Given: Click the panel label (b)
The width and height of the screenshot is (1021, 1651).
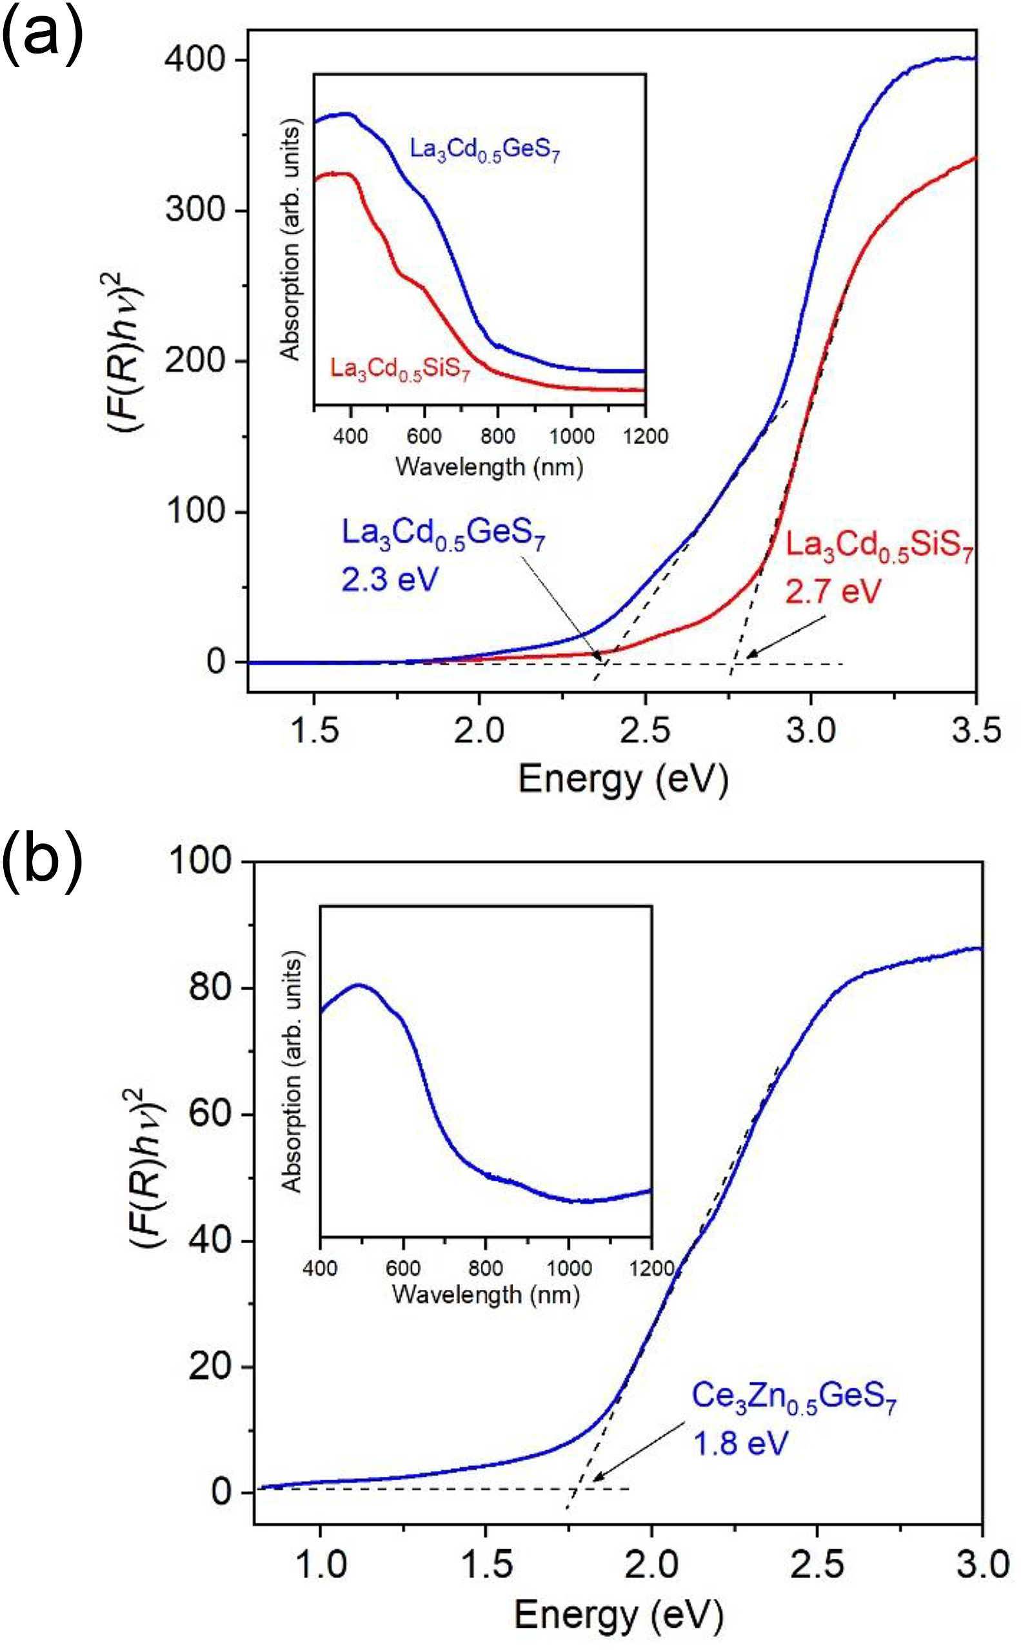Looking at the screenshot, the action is [x=42, y=861].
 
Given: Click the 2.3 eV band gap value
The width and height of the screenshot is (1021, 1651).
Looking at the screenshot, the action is [x=390, y=578].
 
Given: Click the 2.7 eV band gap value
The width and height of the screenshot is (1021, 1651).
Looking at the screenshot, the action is [x=833, y=591].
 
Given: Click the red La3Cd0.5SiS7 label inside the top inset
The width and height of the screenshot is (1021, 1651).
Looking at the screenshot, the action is [x=400, y=370].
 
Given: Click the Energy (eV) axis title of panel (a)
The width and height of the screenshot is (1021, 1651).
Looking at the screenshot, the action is [x=623, y=779].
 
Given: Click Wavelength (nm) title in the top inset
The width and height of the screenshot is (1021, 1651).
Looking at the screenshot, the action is [x=490, y=466].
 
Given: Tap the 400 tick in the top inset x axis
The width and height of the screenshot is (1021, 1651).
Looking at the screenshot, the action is [x=350, y=435].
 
